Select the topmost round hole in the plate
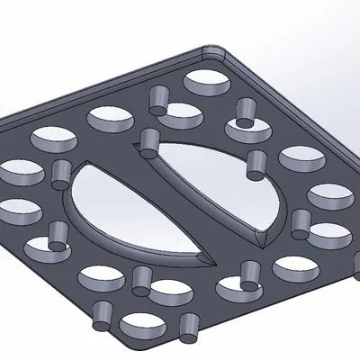(x=207, y=82)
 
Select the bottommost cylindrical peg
(x=189, y=328)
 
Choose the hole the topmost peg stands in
(x=180, y=114)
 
